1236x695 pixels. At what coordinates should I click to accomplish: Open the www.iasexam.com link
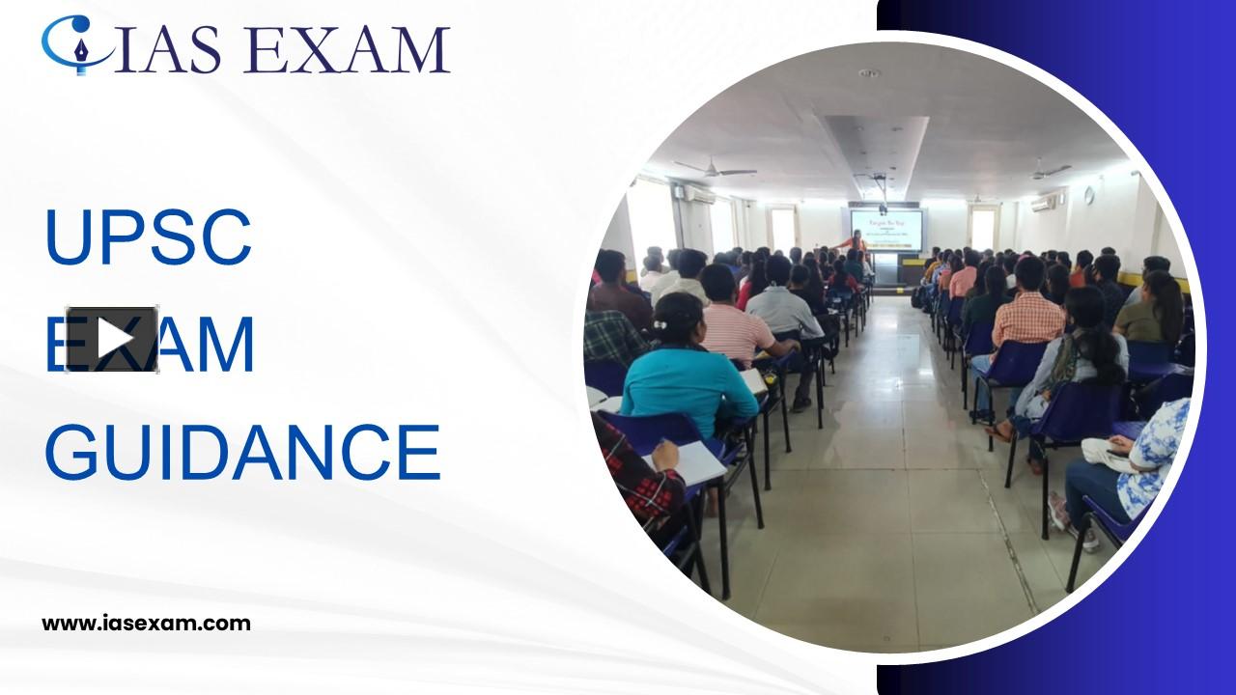pos(146,624)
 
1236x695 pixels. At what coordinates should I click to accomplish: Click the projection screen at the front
pos(885,230)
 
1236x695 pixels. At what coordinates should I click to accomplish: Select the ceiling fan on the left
pos(715,171)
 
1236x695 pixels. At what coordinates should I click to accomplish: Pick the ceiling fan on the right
pos(1049,171)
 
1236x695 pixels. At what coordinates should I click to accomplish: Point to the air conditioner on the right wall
pos(1044,203)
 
